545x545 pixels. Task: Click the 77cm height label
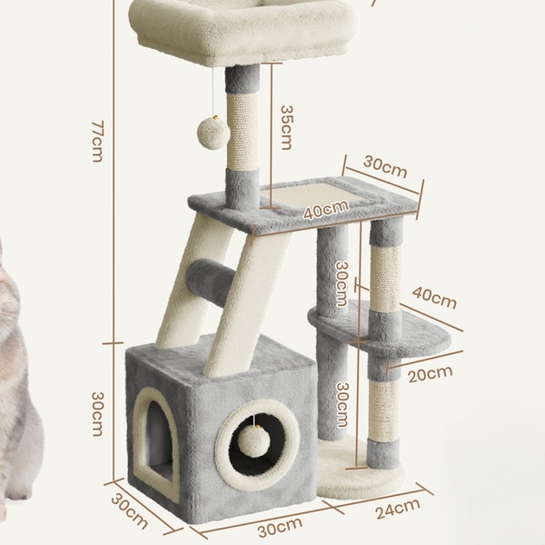pyautogui.click(x=97, y=142)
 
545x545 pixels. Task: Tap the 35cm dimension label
pyautogui.click(x=286, y=127)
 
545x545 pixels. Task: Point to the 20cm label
pyautogui.click(x=431, y=374)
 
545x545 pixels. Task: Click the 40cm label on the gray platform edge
pyautogui.click(x=326, y=210)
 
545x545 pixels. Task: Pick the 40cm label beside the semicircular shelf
pyautogui.click(x=434, y=298)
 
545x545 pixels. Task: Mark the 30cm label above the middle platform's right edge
pyautogui.click(x=385, y=167)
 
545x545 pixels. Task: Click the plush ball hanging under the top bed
pyautogui.click(x=213, y=134)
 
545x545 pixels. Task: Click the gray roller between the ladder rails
pyautogui.click(x=211, y=282)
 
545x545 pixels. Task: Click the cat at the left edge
pyautogui.click(x=19, y=382)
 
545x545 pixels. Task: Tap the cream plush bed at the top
pyautogui.click(x=243, y=31)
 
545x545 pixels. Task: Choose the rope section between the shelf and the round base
pyautogui.click(x=383, y=410)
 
